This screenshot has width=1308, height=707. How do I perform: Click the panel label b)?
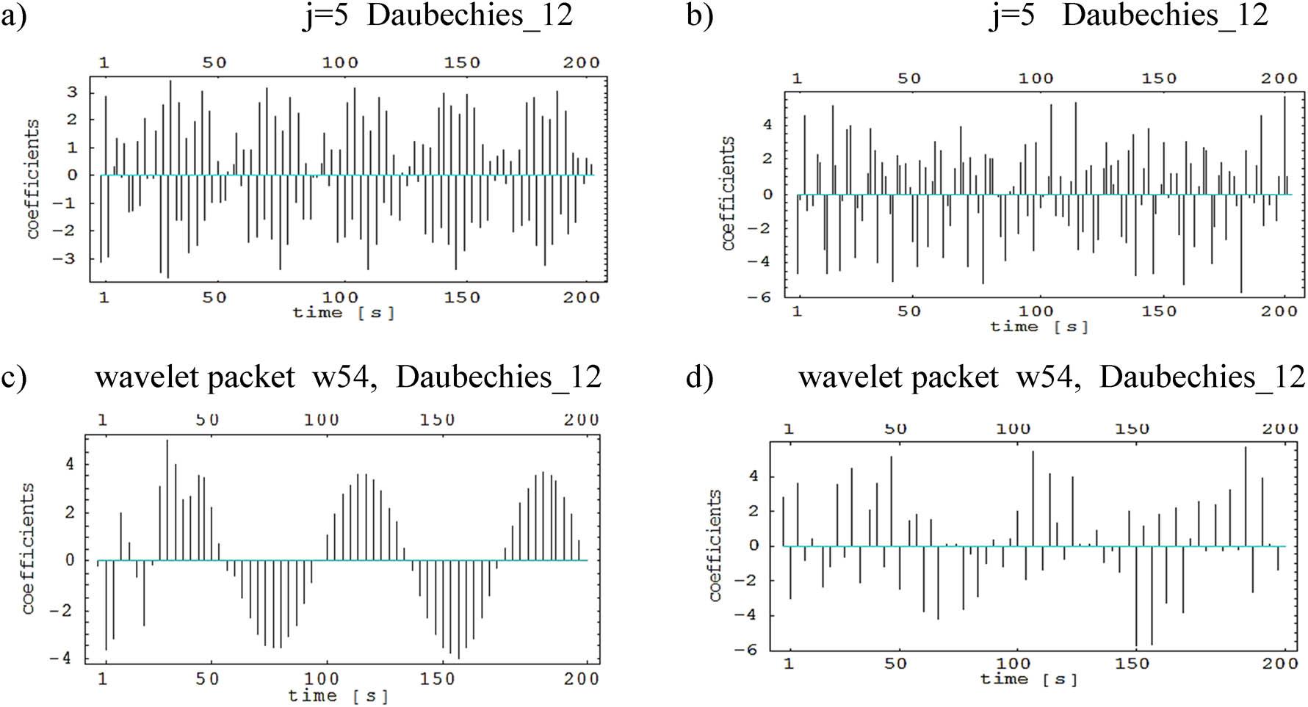(699, 16)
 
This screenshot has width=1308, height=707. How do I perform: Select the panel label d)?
(699, 378)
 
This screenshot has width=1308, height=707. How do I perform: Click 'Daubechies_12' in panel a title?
(470, 16)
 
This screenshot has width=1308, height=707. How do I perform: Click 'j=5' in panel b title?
(1012, 16)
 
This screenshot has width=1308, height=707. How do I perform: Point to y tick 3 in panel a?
(73, 93)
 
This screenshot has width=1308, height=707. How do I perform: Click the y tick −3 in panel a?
(68, 259)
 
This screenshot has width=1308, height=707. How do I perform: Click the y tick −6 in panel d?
(748, 650)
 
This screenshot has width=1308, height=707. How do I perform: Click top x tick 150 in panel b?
(1158, 79)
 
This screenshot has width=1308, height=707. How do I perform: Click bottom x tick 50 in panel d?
(895, 664)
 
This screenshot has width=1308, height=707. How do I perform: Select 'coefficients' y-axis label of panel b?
(728, 192)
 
